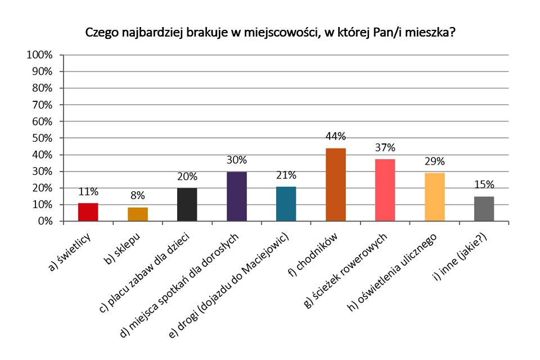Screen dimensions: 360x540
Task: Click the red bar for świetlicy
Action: click(88, 212)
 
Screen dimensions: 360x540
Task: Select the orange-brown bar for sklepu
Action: click(138, 214)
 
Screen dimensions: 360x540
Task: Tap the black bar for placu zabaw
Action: click(187, 205)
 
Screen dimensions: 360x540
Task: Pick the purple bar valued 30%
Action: click(237, 196)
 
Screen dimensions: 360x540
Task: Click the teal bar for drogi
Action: click(286, 204)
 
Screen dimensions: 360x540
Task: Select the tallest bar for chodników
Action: click(336, 184)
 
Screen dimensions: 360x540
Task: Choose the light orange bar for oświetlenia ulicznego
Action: click(435, 197)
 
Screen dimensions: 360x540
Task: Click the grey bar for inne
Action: click(484, 209)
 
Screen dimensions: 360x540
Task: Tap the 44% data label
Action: click(336, 137)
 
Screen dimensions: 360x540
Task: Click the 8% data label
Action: click(138, 196)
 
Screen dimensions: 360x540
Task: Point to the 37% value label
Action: click(385, 148)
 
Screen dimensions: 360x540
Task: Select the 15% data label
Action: click(484, 184)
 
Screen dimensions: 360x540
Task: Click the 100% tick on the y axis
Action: click(39, 55)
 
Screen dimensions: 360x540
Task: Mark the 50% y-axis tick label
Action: click(42, 138)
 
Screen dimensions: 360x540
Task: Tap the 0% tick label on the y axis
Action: click(44, 222)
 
